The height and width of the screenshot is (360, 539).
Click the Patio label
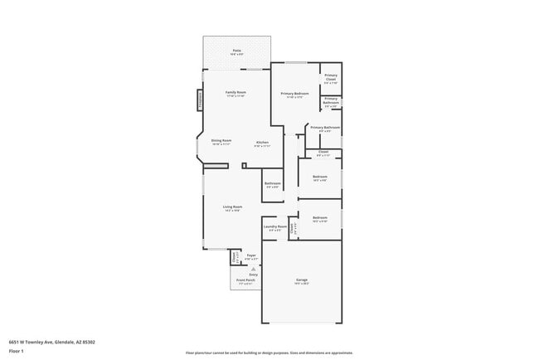(x=237, y=51)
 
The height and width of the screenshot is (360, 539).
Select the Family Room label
(x=236, y=92)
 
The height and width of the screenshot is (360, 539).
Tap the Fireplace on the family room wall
(x=200, y=100)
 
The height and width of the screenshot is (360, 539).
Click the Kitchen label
(x=262, y=143)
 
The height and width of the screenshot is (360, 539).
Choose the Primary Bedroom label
(x=294, y=94)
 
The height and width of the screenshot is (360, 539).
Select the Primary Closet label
(x=331, y=78)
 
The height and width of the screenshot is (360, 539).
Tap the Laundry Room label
(x=275, y=226)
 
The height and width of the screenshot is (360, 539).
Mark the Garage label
(x=302, y=280)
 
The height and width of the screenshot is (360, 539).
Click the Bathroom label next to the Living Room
(x=273, y=183)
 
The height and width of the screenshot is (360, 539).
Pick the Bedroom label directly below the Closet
(x=320, y=177)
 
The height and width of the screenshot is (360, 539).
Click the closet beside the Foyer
(x=235, y=258)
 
